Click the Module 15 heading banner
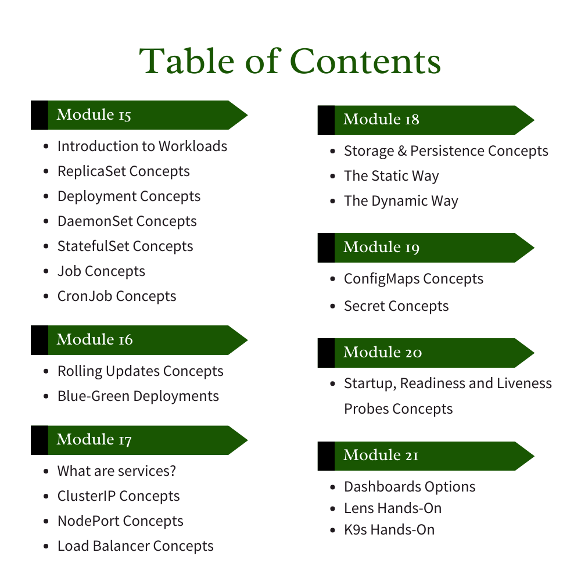click(x=139, y=115)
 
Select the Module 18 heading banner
click(x=426, y=120)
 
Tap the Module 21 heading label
click(x=381, y=456)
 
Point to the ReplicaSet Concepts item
click(x=123, y=171)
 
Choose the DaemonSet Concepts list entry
click(x=127, y=221)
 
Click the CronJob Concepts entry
click(x=116, y=296)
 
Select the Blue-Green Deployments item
click(x=138, y=396)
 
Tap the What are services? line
click(x=116, y=471)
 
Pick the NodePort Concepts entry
click(x=120, y=521)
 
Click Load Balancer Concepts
click(x=135, y=546)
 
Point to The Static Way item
click(x=391, y=176)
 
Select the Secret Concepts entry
click(x=396, y=306)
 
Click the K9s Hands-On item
click(x=389, y=530)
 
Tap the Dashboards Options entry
click(x=410, y=487)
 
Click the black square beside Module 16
click(x=39, y=340)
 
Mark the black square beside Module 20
click(x=326, y=353)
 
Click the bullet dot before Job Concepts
click(x=46, y=271)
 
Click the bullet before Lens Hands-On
click(x=333, y=508)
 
